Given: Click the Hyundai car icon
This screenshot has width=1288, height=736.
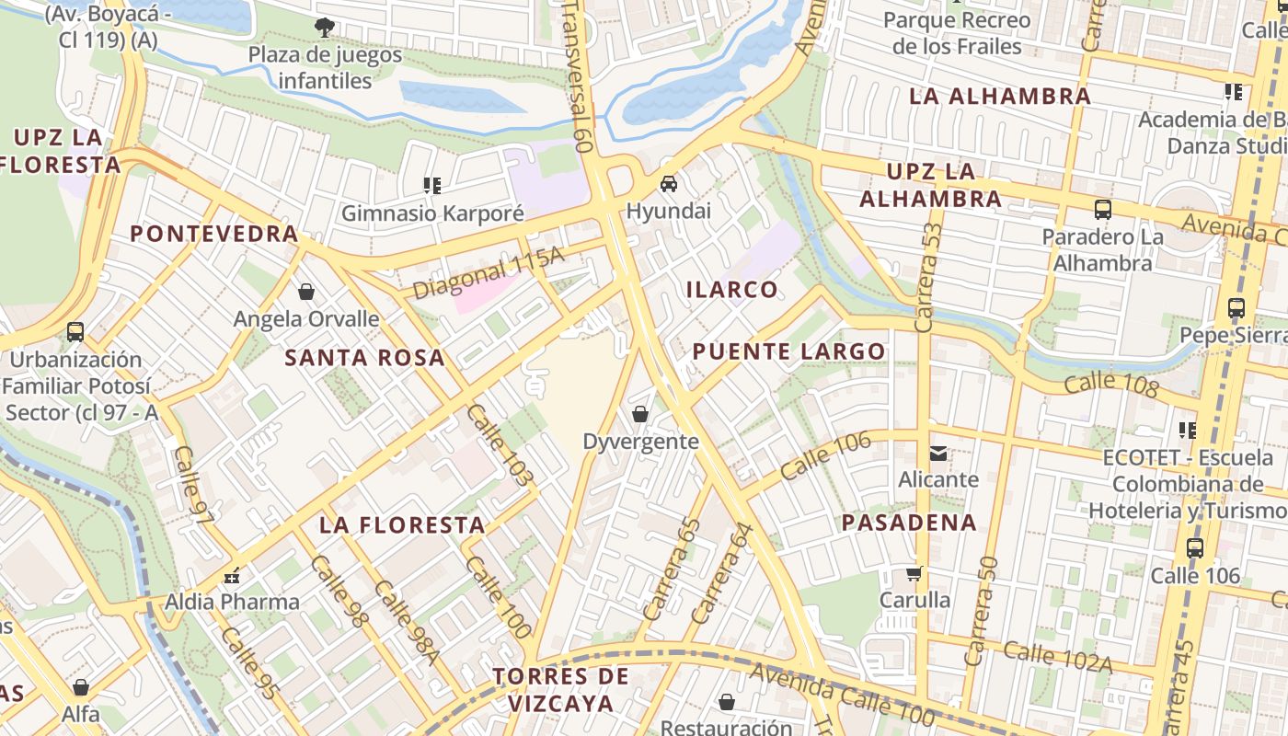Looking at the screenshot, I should (x=669, y=184).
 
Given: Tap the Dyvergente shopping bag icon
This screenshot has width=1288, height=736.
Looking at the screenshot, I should (x=640, y=414).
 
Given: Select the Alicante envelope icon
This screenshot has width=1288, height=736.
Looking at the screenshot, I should (x=938, y=453).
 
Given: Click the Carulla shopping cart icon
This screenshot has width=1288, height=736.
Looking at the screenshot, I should (x=914, y=573).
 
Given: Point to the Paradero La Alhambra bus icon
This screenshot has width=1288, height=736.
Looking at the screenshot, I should (x=1103, y=210).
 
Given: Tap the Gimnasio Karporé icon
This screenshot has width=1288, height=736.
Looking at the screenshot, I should (x=431, y=186).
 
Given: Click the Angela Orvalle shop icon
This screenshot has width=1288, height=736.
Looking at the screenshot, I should (x=305, y=292).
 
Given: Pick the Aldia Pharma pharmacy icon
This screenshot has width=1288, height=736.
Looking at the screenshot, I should (x=232, y=576).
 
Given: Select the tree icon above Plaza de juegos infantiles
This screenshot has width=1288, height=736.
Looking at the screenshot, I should (x=324, y=28).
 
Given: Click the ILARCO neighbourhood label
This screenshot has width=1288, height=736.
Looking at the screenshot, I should (x=732, y=290).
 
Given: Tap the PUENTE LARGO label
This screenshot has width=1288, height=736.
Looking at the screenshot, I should (x=788, y=351).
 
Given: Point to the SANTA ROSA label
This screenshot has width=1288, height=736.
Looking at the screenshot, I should (x=364, y=358).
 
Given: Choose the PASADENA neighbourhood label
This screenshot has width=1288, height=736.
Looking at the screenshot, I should (x=909, y=523).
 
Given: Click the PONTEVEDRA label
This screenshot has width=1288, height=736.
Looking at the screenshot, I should (x=214, y=234).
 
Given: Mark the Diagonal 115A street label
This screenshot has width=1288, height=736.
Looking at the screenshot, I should (x=488, y=273).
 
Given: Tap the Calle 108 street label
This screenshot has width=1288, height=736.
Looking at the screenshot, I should (x=1110, y=382).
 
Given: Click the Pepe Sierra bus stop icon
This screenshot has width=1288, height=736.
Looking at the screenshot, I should (x=1236, y=308).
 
